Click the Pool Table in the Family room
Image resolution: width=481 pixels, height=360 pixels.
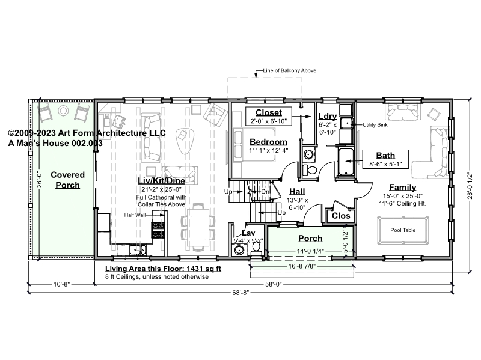(403, 230)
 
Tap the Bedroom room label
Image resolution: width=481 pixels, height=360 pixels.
(268, 142)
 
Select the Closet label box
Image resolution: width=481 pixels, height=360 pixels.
(268, 116)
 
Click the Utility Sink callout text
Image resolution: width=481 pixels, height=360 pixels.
(375, 125)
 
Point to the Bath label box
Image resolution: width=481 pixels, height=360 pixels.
(385, 159)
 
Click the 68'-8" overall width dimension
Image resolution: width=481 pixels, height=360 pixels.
(240, 293)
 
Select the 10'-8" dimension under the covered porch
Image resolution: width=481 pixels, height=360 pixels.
(62, 284)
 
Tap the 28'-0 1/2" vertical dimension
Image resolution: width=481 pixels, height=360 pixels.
(470, 186)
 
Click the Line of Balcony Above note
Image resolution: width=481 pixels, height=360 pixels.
(289, 70)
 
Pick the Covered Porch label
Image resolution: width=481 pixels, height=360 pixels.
(67, 180)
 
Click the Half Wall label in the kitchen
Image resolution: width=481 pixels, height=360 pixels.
(135, 215)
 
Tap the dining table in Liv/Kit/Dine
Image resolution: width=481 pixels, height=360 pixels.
(198, 227)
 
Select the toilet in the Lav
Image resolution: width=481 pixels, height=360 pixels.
(256, 247)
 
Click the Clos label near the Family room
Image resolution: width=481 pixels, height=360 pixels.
(341, 216)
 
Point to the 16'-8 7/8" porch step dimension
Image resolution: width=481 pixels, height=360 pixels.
(302, 266)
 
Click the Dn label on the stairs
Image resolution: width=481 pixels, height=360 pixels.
(265, 192)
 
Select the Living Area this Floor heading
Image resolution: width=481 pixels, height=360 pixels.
(163, 269)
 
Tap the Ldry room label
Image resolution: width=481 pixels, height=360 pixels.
(328, 116)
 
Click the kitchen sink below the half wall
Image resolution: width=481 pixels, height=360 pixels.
(138, 249)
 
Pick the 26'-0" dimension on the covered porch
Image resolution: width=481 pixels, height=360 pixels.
(39, 179)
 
